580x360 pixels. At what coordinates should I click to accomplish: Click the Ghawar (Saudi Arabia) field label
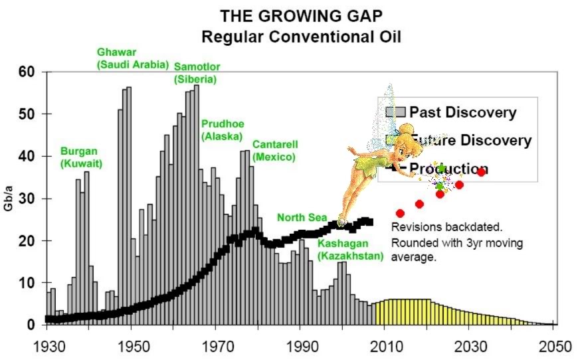click(x=127, y=58)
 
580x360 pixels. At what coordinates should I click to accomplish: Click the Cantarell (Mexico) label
click(x=274, y=150)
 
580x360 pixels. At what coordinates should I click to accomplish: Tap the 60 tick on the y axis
click(x=26, y=72)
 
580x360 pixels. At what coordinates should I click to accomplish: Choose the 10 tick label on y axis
click(x=26, y=283)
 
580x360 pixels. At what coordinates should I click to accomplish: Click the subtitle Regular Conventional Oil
click(x=302, y=35)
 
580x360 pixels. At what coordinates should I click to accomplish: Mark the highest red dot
click(x=482, y=172)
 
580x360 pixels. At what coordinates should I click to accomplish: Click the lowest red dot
click(x=400, y=213)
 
